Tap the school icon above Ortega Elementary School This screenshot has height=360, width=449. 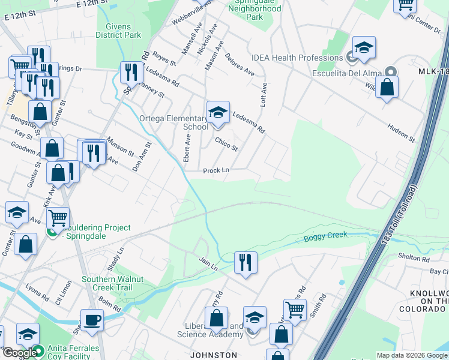(x=218, y=112)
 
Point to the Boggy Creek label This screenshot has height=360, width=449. (x=325, y=236)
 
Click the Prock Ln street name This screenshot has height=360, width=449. (x=216, y=170)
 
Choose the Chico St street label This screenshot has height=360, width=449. (x=226, y=144)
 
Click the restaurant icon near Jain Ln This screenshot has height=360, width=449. (x=245, y=262)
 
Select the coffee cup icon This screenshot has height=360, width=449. (x=92, y=320)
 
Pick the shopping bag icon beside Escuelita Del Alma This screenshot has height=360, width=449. (x=387, y=88)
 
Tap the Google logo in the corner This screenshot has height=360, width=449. (x=19, y=353)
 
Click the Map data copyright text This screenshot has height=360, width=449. (x=412, y=355)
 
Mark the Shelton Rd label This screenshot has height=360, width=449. (x=414, y=259)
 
